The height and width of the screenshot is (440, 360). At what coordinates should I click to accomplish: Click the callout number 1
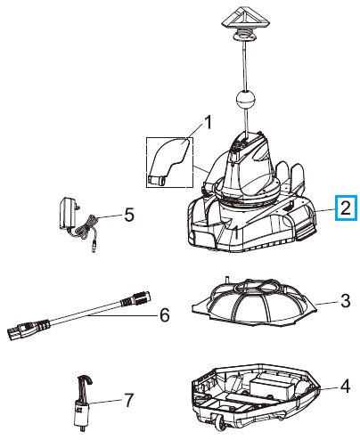[x=209, y=121]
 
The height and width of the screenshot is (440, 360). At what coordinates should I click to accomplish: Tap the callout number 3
[x=343, y=303]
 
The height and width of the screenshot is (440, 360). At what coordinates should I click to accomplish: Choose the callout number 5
[x=128, y=214]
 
